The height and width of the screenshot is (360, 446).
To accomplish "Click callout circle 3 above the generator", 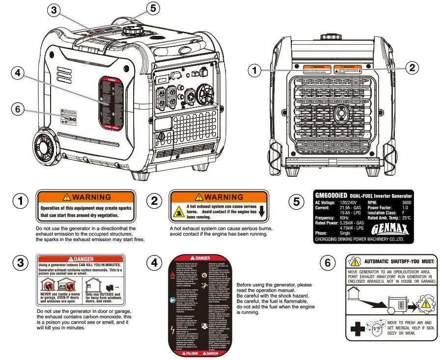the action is coord(55,10).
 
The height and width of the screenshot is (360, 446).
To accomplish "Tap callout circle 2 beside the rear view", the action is coord(413,68).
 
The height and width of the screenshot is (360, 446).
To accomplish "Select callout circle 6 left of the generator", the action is coord(18,109).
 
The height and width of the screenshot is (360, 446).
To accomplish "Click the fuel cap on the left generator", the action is coord(131,30).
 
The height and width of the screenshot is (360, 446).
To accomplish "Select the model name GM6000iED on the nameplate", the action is coord(332,195).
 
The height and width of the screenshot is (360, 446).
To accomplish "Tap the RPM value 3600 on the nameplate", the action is coord(407,202).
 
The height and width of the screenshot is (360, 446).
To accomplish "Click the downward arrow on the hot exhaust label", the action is coord(262,212).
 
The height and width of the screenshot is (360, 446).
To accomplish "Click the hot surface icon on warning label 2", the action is coord(177,212).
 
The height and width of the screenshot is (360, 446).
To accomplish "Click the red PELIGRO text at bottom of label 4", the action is coord(189,353).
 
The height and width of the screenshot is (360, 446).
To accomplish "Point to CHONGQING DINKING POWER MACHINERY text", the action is coord(359,239).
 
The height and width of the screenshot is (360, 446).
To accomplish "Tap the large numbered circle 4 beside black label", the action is coord(155,263).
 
